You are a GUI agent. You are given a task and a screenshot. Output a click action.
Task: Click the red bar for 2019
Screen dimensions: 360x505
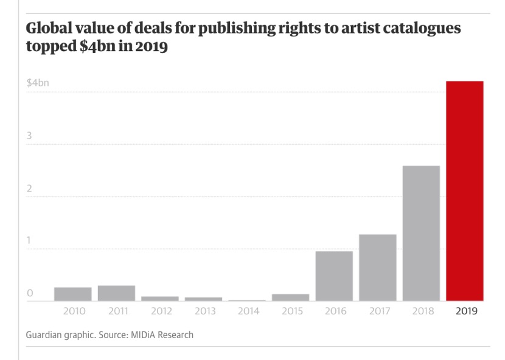coord(465,191)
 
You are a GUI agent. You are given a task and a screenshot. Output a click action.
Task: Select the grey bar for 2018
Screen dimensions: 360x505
coord(421,234)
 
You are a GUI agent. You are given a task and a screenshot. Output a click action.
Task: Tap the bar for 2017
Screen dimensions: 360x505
coord(377,268)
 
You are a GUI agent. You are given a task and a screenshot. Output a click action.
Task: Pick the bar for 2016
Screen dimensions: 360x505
coord(334,276)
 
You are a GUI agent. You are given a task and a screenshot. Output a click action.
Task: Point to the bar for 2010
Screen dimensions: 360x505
coord(72,294)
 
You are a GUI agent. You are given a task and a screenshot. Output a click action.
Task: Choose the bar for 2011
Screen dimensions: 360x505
coord(116,293)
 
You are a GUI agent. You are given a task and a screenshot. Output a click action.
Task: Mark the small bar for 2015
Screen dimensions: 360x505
coord(290,297)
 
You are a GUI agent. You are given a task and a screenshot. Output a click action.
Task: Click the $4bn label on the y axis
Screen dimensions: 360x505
coord(38,83)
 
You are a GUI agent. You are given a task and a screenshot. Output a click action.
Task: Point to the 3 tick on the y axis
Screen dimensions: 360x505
coord(29,136)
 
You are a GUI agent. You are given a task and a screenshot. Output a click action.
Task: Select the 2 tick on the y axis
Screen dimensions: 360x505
coord(29,189)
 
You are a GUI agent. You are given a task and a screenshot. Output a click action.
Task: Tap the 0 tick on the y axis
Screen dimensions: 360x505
coord(29,294)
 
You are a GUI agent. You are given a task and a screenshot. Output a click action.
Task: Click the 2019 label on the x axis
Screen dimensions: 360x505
coord(465,311)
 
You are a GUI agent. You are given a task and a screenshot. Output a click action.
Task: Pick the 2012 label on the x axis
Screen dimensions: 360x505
coord(160,311)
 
